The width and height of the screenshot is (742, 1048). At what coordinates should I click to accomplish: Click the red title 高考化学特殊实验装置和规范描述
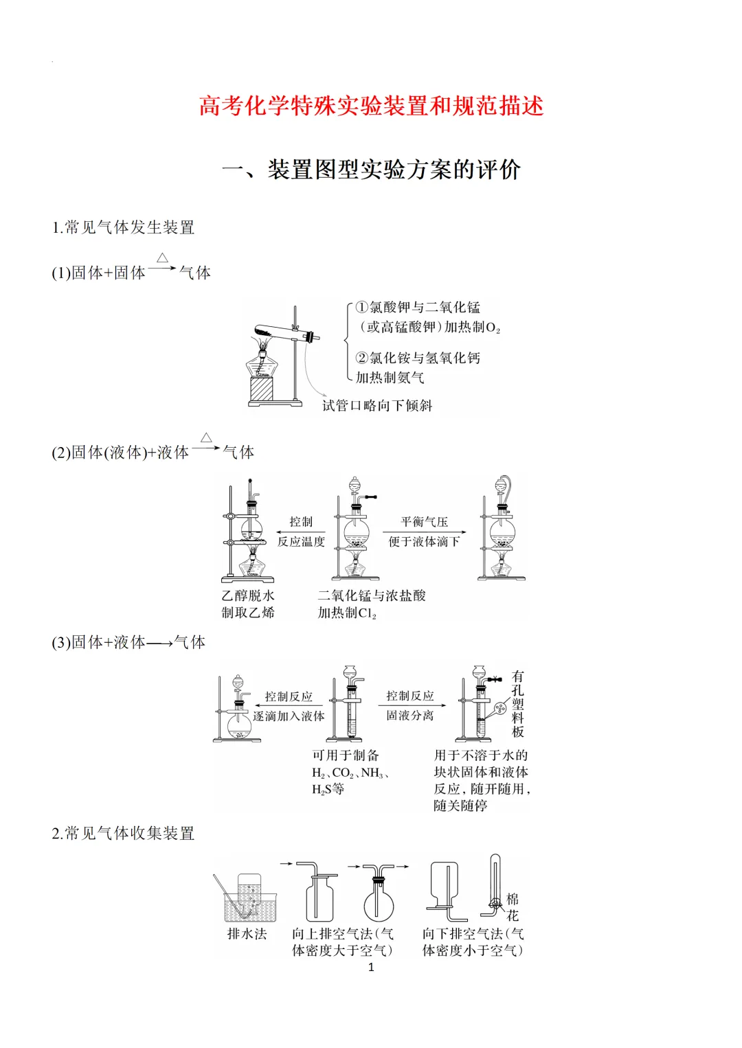point(371,106)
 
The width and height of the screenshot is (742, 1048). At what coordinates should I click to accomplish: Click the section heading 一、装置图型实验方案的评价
point(371,170)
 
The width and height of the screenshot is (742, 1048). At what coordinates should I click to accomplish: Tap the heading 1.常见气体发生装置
point(124,227)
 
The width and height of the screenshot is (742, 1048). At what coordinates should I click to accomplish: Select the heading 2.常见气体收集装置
point(124,833)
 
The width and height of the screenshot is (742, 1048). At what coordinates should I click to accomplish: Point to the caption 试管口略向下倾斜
point(377,405)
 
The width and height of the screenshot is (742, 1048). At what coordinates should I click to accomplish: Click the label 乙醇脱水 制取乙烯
point(248,604)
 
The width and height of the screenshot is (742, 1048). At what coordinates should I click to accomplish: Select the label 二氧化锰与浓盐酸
point(372,595)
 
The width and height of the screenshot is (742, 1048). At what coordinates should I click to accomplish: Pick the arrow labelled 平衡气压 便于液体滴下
point(424,532)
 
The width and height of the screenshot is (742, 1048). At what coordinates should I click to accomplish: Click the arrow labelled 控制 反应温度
point(300,532)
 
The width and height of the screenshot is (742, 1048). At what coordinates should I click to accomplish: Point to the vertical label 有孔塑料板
point(518,704)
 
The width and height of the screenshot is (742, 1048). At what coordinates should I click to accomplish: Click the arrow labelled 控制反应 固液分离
point(410,705)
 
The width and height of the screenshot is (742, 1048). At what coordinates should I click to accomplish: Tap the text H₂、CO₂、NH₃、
point(351,773)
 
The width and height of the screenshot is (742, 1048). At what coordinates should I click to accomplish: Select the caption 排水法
point(247,934)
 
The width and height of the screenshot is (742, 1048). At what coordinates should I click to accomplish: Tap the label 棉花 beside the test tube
point(513,907)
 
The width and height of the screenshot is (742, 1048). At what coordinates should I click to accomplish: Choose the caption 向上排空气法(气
point(343,934)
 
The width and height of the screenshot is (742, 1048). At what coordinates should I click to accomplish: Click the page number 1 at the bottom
point(371,967)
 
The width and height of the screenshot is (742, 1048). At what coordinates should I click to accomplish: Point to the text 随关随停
point(460,806)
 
